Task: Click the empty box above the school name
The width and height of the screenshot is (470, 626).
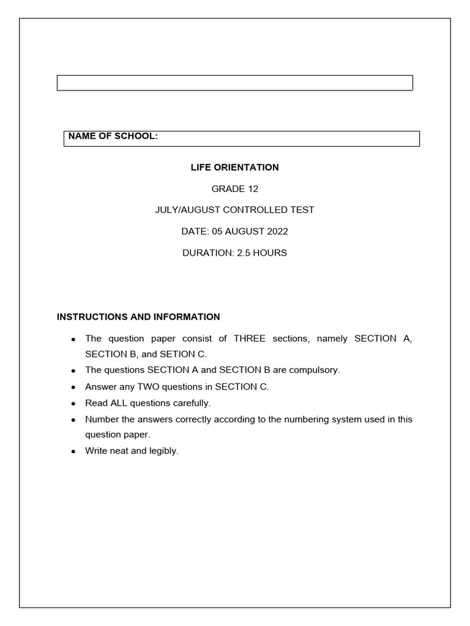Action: tap(235, 83)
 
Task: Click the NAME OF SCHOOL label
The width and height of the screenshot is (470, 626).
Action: tap(113, 136)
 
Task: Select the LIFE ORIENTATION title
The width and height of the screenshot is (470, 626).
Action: tap(234, 167)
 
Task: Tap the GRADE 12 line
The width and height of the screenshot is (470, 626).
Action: tap(234, 188)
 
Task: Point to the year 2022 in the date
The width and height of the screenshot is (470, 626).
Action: tap(277, 231)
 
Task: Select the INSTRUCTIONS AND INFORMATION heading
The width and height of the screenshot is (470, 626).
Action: tap(138, 317)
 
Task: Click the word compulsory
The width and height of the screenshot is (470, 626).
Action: tap(313, 370)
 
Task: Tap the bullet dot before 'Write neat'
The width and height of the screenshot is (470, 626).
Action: tap(73, 452)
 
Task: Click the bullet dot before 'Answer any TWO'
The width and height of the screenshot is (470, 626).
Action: tap(73, 387)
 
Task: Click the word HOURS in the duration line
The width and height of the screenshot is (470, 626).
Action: tap(272, 252)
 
